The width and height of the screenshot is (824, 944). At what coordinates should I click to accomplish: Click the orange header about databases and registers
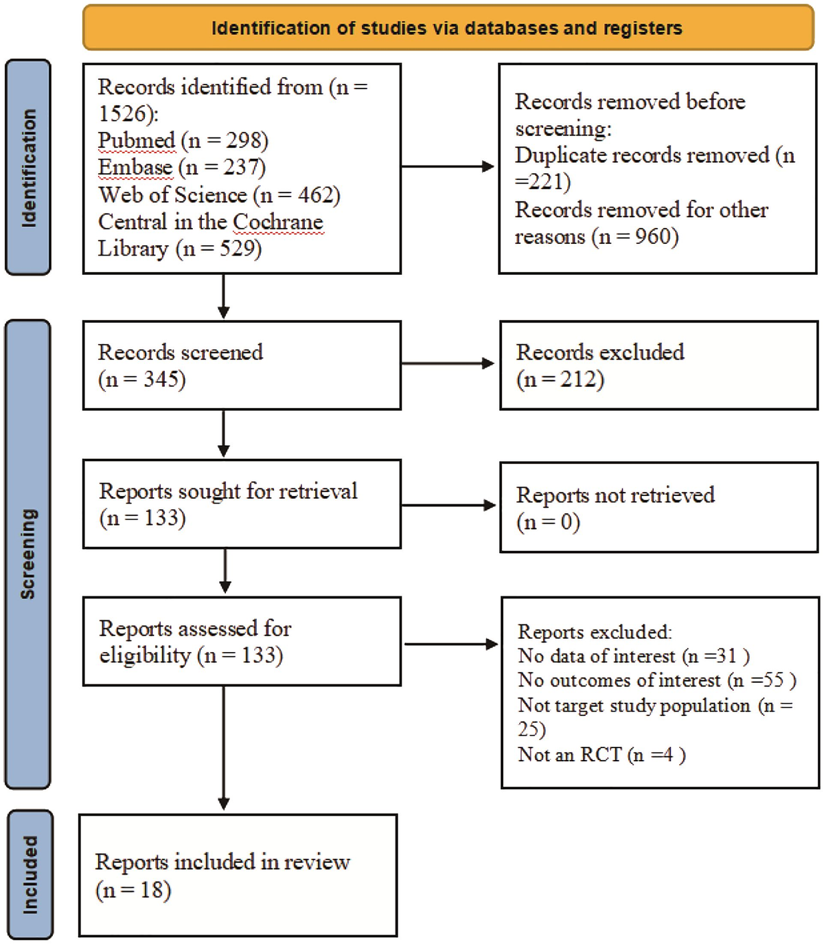coord(448,27)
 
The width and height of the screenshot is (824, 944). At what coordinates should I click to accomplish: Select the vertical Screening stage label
coord(28,554)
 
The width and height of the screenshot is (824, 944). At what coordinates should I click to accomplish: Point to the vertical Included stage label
coord(30,875)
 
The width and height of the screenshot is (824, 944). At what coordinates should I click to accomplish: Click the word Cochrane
coord(278,222)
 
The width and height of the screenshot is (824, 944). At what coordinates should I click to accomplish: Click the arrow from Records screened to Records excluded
coord(448,363)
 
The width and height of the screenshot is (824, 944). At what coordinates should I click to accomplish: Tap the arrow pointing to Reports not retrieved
coord(448,505)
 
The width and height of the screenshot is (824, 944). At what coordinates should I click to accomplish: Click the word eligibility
coord(146,656)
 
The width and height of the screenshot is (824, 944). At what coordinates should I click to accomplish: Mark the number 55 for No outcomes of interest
coord(773,680)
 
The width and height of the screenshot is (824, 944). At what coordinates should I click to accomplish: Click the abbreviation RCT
coord(601,755)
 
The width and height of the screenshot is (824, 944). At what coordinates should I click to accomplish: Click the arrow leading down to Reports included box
coord(224,748)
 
